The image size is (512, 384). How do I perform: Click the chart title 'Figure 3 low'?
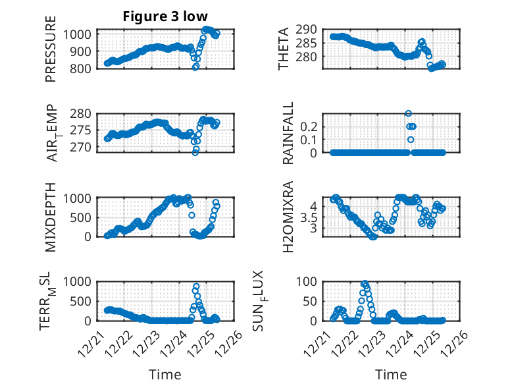click(x=165, y=16)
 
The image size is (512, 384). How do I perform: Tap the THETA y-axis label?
click(x=284, y=49)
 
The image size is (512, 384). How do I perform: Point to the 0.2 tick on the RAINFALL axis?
click(x=309, y=126)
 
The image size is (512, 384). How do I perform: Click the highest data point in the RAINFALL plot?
click(x=408, y=114)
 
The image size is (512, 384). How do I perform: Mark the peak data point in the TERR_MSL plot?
click(x=196, y=287)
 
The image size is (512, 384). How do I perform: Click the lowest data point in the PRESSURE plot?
click(x=195, y=67)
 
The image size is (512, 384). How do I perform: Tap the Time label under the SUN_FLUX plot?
click(x=391, y=374)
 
